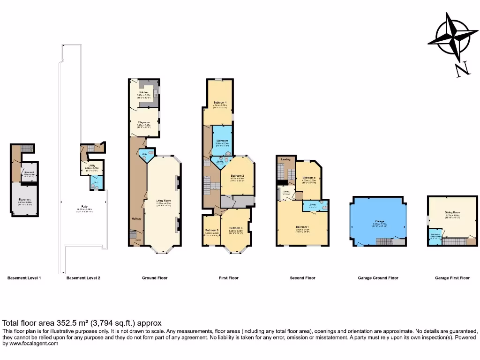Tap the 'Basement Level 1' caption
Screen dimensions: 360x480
pos(24,278)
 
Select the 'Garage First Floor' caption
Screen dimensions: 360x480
pos(452,278)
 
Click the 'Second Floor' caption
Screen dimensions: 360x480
pos(303,278)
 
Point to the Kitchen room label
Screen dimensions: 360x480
pos(143,93)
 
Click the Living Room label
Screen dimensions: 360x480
pos(164,201)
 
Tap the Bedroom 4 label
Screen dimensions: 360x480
pos(220,102)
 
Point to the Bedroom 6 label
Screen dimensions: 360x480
pos(212,230)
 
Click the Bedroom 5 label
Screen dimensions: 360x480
pos(308,178)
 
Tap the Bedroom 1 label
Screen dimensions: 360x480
pos(302,227)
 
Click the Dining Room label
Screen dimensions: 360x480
pos(452,212)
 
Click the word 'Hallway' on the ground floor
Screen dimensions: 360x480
pos(136,218)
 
